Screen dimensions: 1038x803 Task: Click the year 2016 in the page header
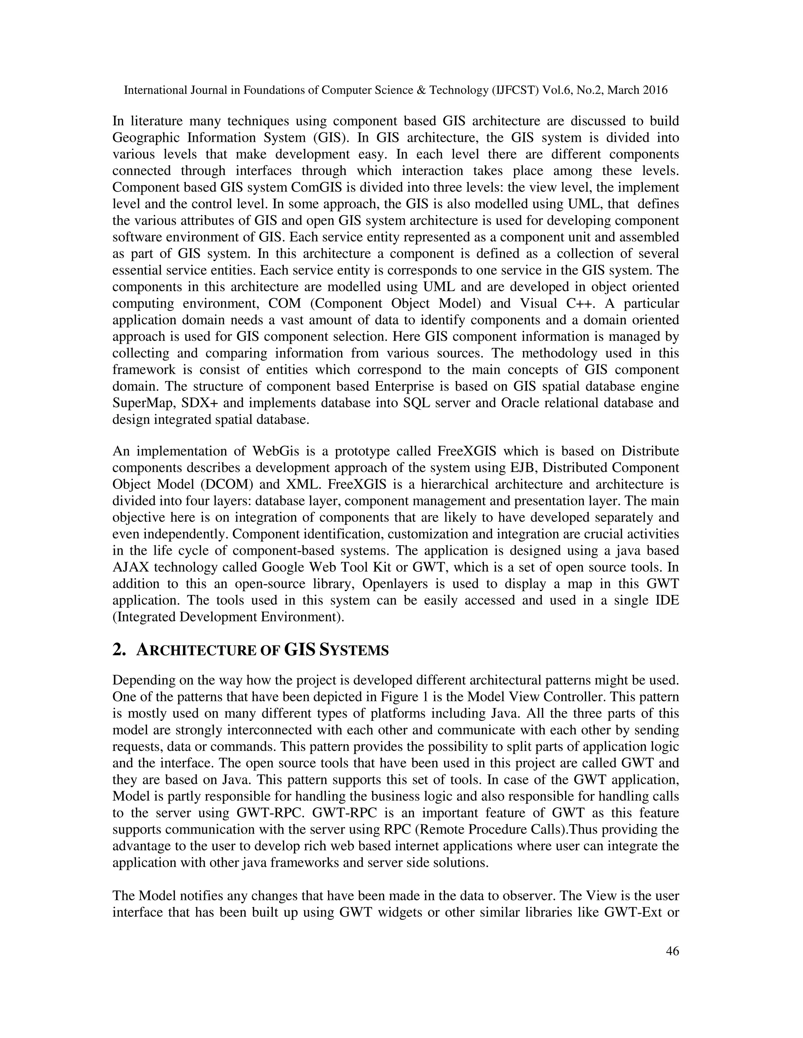pyautogui.click(x=655, y=90)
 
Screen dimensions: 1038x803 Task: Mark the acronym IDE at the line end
pyautogui.click(x=667, y=600)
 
